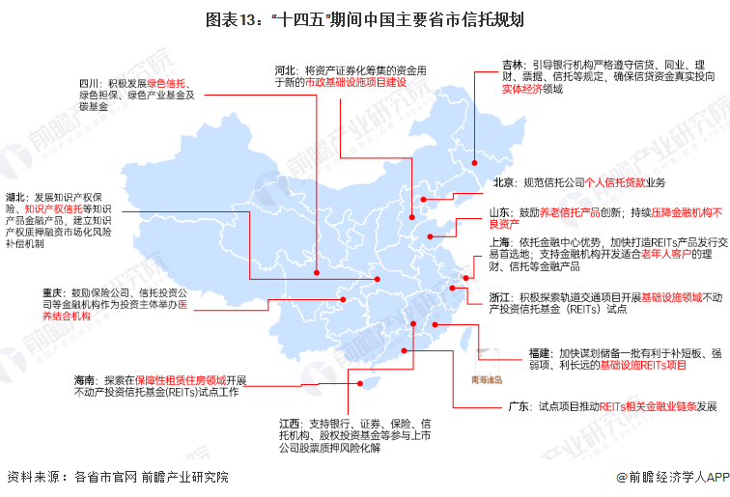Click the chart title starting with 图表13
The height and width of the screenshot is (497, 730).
point(364,19)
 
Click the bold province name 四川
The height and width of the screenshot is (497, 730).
point(90,83)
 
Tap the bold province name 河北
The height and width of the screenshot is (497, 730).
point(286,70)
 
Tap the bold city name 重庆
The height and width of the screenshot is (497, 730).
point(53,291)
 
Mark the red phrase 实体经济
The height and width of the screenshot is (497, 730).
point(520,88)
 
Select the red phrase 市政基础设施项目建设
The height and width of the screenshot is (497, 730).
point(354,83)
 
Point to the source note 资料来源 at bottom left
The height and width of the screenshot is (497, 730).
point(30,476)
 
